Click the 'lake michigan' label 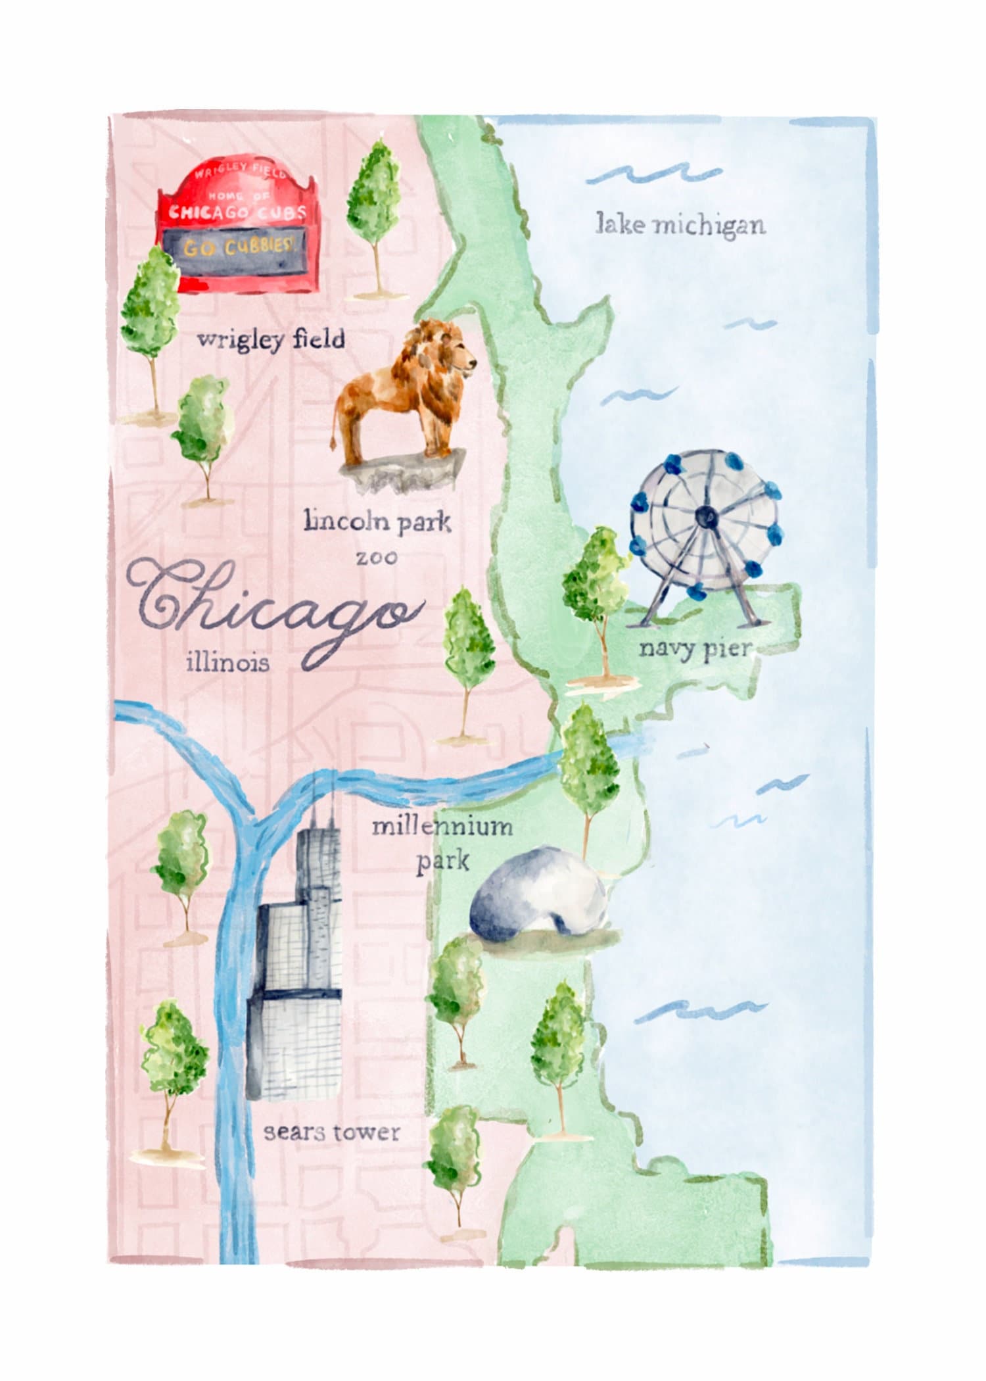[680, 225]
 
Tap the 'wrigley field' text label [271, 340]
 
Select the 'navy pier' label [695, 650]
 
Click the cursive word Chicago [276, 608]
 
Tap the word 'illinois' [227, 662]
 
